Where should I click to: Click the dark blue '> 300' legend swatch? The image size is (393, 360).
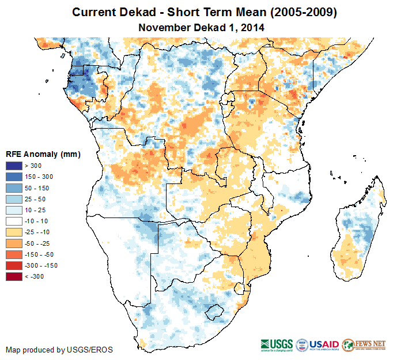[x=15, y=166]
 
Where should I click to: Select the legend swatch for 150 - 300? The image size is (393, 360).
[x=15, y=177]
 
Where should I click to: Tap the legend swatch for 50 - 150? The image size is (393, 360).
[x=15, y=188]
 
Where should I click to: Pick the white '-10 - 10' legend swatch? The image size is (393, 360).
[x=15, y=221]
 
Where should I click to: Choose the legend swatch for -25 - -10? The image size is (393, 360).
[x=15, y=232]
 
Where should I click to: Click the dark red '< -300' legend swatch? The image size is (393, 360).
[x=15, y=276]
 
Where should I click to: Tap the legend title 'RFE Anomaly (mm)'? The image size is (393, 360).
[x=43, y=155]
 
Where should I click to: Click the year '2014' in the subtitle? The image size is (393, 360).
[x=252, y=27]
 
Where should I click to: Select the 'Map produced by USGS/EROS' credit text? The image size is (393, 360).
[x=59, y=350]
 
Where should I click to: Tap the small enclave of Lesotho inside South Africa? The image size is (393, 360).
[x=215, y=312]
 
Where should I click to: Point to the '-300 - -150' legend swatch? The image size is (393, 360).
[x=15, y=265]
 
